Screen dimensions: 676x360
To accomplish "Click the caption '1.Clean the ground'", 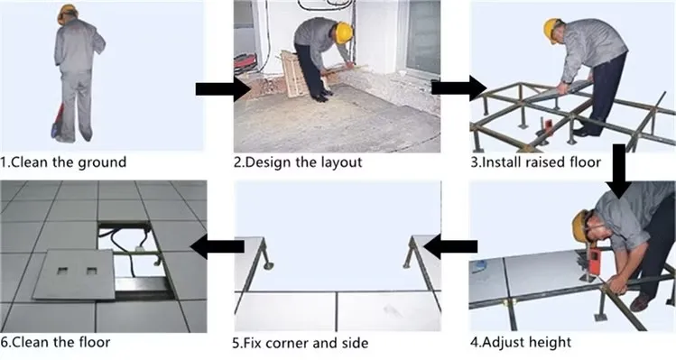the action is [x=63, y=162].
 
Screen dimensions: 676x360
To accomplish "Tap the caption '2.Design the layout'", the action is [x=298, y=162].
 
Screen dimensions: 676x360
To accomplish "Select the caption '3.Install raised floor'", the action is [x=535, y=162].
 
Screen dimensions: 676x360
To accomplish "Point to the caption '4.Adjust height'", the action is [x=521, y=342].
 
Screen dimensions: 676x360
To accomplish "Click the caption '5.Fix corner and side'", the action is [x=301, y=343].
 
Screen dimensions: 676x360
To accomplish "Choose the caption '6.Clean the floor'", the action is [x=55, y=342].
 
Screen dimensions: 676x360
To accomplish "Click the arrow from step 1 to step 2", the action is [x=223, y=89].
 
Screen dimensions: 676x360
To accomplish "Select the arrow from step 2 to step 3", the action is [x=459, y=88].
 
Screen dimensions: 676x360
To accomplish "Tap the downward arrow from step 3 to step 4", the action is [x=619, y=171].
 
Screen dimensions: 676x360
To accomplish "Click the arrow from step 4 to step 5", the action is [x=450, y=246].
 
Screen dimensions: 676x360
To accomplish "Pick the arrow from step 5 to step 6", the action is [x=218, y=246].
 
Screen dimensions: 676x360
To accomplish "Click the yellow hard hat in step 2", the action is [x=344, y=32].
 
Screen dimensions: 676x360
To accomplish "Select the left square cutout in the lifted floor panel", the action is [x=62, y=271].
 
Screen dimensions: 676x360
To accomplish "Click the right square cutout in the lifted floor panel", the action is [x=91, y=271].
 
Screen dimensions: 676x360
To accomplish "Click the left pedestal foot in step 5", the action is [x=268, y=263].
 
